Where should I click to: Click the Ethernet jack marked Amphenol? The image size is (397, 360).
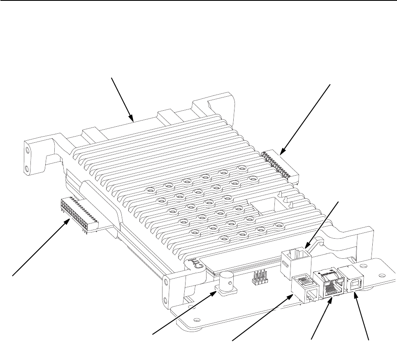[x=328, y=283]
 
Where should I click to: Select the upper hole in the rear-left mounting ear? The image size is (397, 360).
[x=27, y=151]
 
